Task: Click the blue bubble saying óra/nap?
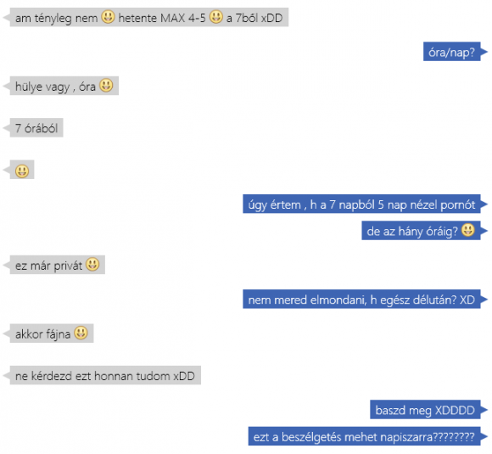(452, 52)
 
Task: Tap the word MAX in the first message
(172, 18)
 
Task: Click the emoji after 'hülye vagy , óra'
(106, 85)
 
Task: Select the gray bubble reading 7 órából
(36, 128)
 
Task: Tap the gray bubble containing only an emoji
(22, 170)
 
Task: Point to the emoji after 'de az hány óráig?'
(468, 229)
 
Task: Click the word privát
(68, 266)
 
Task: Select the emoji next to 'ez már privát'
(92, 264)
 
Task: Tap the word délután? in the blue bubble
(434, 300)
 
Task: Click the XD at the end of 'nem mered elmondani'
(467, 300)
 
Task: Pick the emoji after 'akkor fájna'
(81, 333)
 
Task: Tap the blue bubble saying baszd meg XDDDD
(425, 409)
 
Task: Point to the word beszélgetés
(312, 437)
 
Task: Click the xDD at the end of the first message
(271, 18)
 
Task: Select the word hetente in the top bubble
(137, 18)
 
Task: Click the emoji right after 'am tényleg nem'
(108, 16)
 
